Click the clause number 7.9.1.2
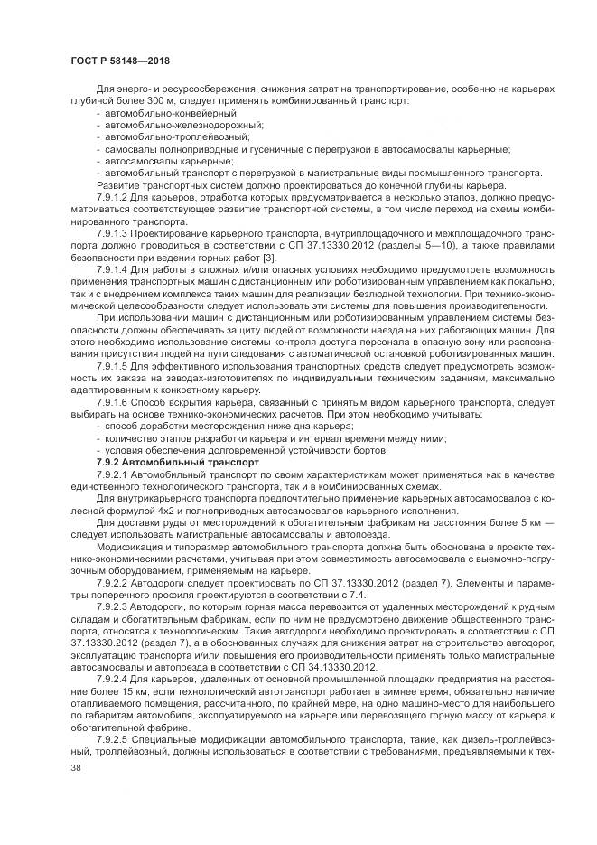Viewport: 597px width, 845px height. (112, 195)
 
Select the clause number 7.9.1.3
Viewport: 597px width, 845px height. (112, 231)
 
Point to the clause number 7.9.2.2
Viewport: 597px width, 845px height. (112, 584)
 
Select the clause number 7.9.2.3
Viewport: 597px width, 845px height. (112, 607)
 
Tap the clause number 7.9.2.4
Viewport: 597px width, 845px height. (112, 678)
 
